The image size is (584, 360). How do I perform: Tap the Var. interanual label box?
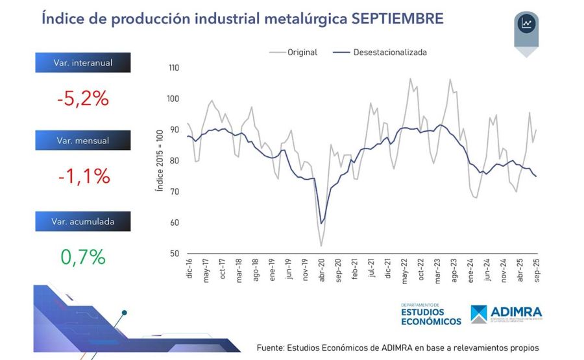point(83,63)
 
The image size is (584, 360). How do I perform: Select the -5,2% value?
point(82,99)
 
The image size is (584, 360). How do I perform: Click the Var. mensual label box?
point(83,140)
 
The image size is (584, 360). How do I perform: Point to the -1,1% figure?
point(82,176)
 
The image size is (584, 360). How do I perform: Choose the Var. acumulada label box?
point(83,221)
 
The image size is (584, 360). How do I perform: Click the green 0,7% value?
point(83,257)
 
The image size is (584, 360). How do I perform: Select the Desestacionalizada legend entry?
point(389,53)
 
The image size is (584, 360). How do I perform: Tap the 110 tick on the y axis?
point(173,68)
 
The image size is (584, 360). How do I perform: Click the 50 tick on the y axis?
point(175,254)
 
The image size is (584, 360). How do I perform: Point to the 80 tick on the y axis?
point(175,161)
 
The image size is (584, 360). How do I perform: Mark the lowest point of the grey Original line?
point(321,246)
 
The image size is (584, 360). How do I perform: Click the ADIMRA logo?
point(507,314)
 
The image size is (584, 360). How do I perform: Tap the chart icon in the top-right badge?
point(526,24)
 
